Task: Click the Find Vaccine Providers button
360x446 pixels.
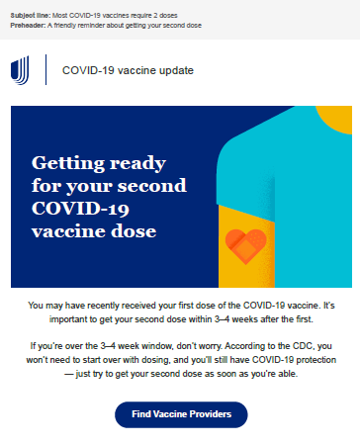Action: coord(181,414)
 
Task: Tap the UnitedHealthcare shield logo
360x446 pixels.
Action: coord(20,70)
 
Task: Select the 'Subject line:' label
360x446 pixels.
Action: coord(31,16)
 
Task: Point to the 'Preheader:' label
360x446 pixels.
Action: coord(28,26)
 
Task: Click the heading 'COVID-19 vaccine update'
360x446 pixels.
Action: coord(128,70)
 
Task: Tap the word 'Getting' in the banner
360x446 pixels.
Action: coord(67,163)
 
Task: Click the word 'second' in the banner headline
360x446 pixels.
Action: coord(152,186)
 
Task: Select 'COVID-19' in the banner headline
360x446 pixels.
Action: coord(80,209)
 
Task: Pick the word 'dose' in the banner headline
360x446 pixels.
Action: coord(134,230)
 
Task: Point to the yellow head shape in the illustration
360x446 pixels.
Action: coord(337,118)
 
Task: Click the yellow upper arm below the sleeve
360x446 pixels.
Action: coord(246,246)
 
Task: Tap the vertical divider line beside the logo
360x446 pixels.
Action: coord(45,69)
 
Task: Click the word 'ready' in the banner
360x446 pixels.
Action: coord(137,164)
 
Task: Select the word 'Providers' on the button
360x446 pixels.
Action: coord(211,414)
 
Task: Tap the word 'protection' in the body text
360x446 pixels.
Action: coord(316,360)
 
